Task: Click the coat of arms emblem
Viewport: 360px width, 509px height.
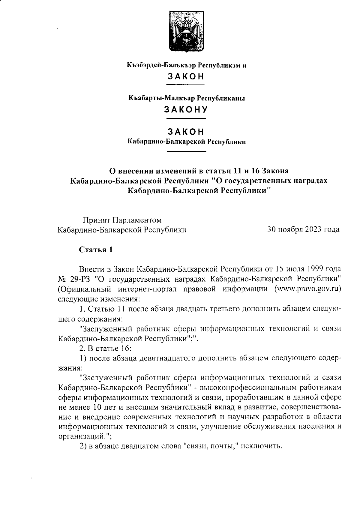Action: click(x=186, y=31)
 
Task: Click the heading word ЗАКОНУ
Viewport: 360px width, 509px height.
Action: click(x=186, y=110)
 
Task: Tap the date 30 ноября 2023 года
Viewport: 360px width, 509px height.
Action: click(x=303, y=230)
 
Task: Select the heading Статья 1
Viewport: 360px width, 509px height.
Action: click(x=96, y=250)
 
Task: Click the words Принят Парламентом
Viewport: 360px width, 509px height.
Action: click(x=122, y=220)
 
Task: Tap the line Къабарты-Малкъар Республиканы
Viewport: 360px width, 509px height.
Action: click(x=186, y=98)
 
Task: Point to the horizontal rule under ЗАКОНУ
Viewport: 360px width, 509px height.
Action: click(x=186, y=119)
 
